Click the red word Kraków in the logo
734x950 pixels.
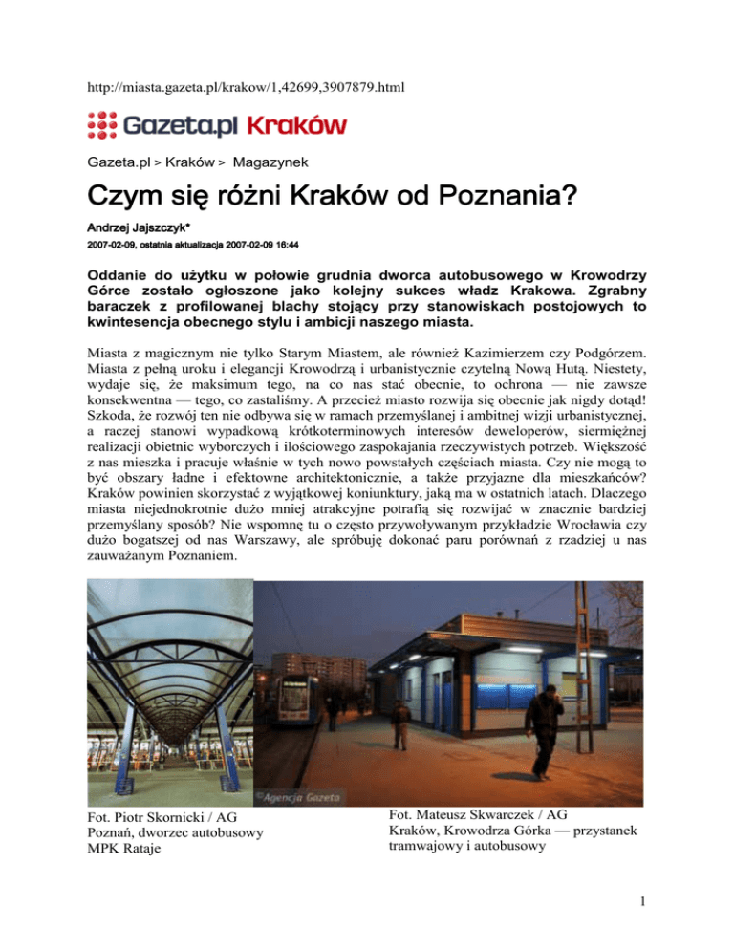(x=297, y=125)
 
